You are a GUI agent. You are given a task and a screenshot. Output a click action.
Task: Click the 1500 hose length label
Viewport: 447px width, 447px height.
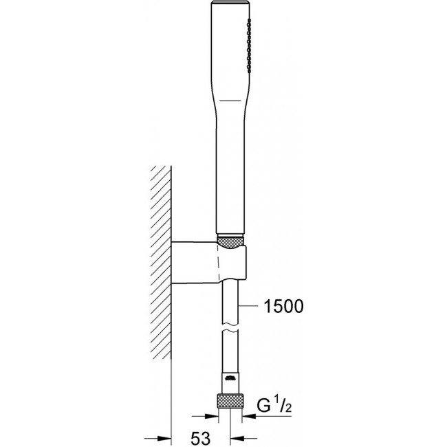tap(284, 307)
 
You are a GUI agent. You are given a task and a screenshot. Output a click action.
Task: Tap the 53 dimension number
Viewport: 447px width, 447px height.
tap(201, 439)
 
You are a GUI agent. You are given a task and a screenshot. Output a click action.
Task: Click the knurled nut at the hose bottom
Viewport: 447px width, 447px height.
tap(230, 402)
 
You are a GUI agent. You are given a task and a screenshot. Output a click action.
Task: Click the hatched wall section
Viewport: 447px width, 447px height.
tap(161, 262)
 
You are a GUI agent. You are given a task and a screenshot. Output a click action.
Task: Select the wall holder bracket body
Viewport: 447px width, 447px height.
tap(208, 262)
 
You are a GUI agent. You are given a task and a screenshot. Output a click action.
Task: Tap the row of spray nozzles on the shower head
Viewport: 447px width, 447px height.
tap(249, 45)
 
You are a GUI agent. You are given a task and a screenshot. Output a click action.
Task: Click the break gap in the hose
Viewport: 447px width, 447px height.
tap(230, 327)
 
